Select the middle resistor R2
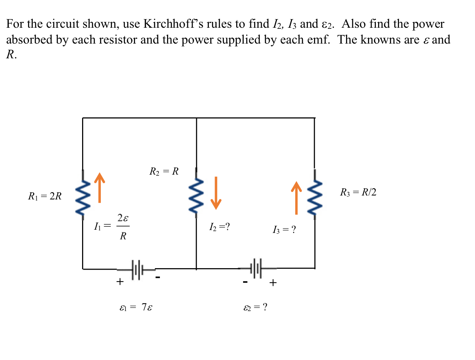(x=196, y=193)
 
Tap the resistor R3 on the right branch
(x=315, y=195)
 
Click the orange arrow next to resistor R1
(x=100, y=188)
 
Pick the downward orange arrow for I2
(x=216, y=193)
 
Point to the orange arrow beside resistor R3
(x=296, y=198)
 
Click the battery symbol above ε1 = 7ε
(x=137, y=269)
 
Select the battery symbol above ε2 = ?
(x=257, y=268)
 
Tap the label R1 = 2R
(x=45, y=196)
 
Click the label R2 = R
(x=164, y=171)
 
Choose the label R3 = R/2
(x=358, y=192)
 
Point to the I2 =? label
(x=219, y=227)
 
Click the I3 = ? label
(x=284, y=230)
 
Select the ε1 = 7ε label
(x=136, y=307)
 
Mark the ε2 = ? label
(x=255, y=307)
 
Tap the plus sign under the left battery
(x=120, y=282)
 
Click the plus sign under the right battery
(x=273, y=283)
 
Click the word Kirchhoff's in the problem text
(x=170, y=24)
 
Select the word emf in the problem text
(x=316, y=40)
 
